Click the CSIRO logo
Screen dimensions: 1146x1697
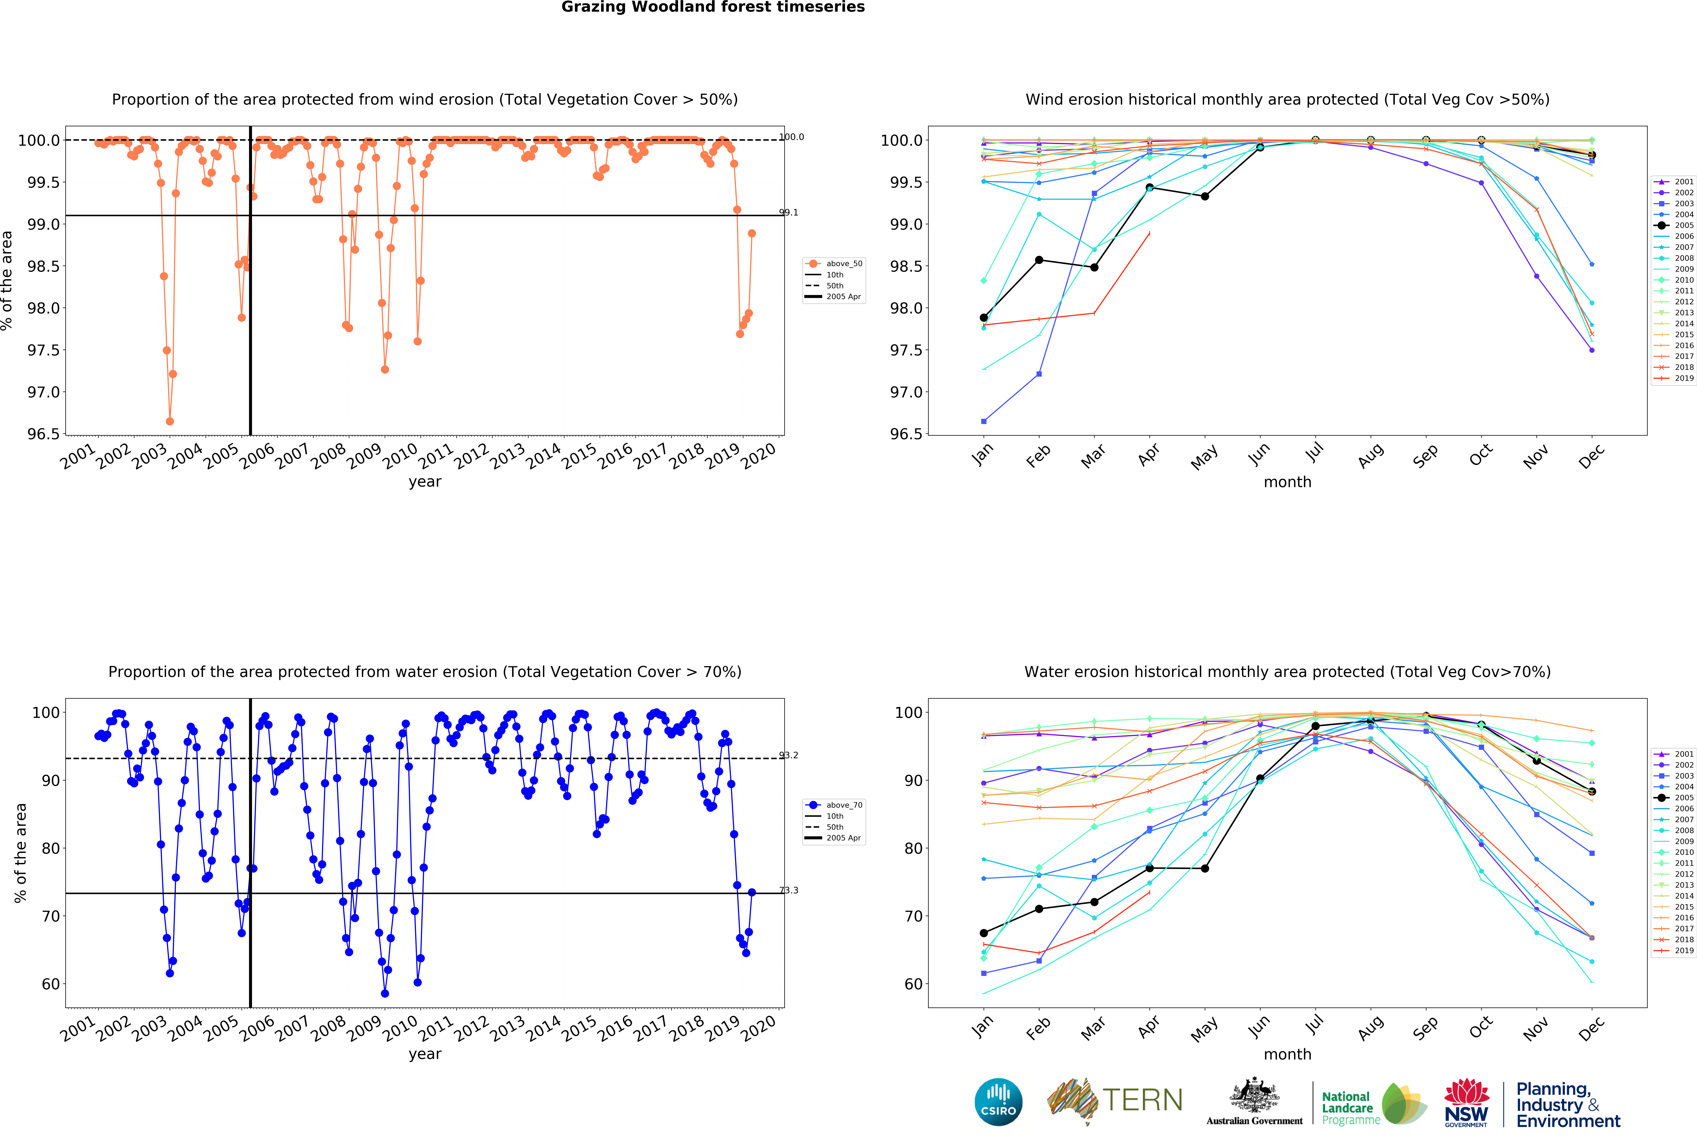tap(998, 1102)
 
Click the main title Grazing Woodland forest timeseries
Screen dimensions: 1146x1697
tap(713, 7)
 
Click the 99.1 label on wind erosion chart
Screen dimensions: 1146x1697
tap(789, 212)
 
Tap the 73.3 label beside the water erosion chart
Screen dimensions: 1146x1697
tap(789, 890)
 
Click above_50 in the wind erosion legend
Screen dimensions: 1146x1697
tap(843, 264)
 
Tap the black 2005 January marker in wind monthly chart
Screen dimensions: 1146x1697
tap(984, 318)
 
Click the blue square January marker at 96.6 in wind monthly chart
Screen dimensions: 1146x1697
tap(984, 421)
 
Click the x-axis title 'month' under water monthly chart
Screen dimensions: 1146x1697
tap(1287, 1054)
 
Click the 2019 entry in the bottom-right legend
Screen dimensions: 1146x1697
tap(1683, 950)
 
